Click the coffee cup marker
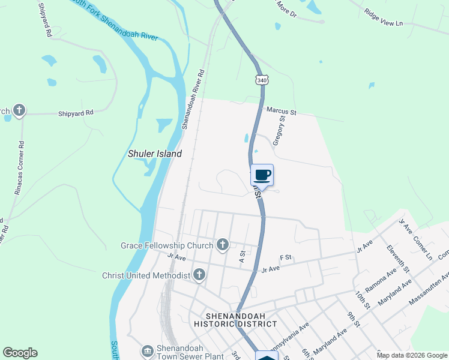pos(262,175)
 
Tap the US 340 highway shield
pos(262,80)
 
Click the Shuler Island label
pos(154,154)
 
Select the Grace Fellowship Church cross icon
pos(223,244)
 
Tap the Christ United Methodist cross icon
pos(199,275)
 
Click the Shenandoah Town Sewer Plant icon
pos(148,350)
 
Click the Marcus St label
pos(282,112)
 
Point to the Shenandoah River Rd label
pos(193,100)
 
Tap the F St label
pos(285,257)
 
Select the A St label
pos(243,257)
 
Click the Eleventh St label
pos(397,259)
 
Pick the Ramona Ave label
pos(381,280)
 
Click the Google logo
pos(20,353)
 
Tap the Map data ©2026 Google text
pos(411,355)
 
